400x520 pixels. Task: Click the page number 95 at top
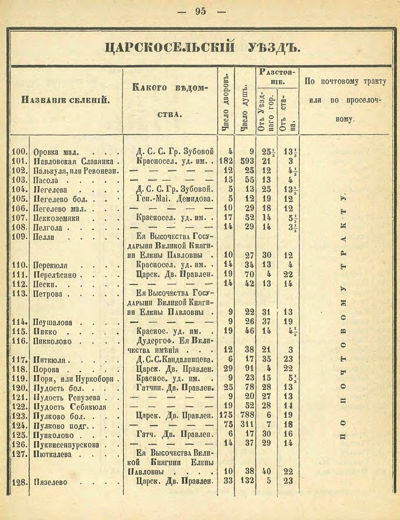click(201, 11)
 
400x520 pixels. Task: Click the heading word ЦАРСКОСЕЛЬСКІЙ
click(169, 47)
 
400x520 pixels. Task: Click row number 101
click(19, 161)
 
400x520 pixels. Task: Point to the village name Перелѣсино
click(55, 275)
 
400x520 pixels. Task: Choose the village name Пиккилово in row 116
click(52, 341)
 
